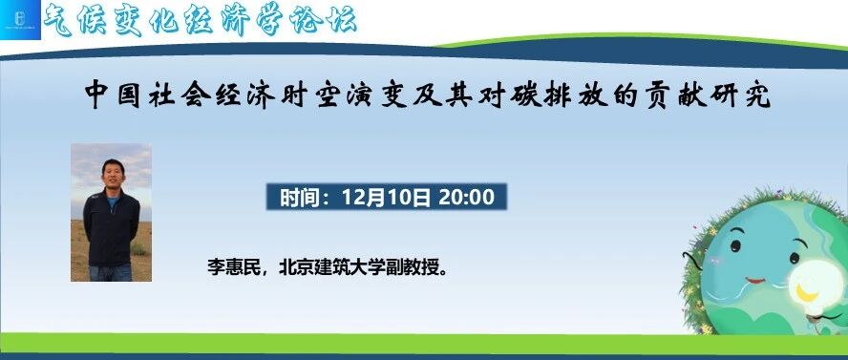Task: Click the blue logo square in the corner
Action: point(20,20)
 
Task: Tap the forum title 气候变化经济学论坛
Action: point(201,21)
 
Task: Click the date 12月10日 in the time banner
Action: point(386,198)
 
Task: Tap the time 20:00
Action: point(466,198)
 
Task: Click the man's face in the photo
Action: point(113,174)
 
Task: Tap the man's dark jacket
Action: point(112,227)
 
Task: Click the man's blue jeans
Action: point(111,272)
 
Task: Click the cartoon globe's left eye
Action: point(735,246)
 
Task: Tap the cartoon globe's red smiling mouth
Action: point(755,281)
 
